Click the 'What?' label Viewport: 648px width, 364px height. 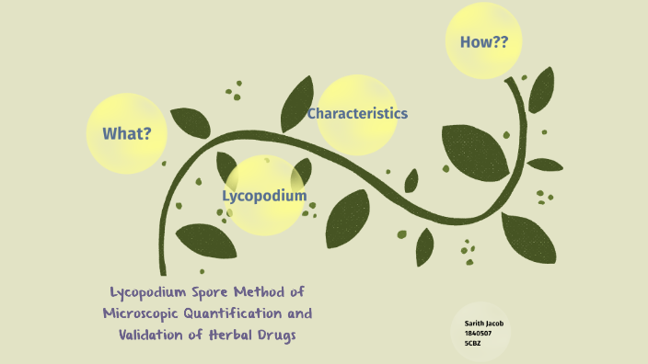127,133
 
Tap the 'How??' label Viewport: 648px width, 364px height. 477,41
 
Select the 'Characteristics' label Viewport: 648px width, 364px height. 357,113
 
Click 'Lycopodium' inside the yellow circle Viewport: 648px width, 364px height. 264,195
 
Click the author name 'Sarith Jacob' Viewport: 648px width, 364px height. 484,324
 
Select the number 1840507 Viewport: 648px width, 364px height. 479,333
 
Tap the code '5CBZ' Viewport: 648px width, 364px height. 473,343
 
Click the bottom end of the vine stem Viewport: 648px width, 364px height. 163,272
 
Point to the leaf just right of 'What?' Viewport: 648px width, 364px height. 190,121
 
